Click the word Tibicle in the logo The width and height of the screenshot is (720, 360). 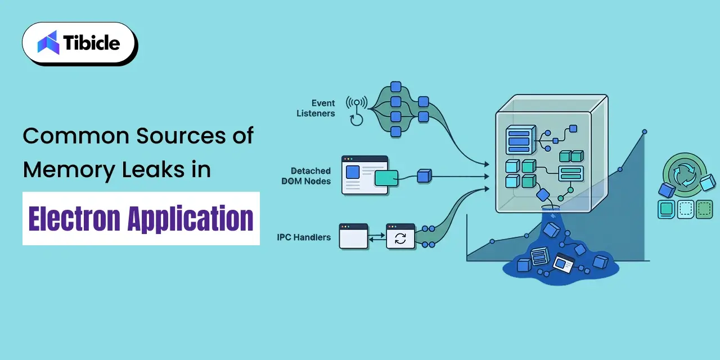pos(92,42)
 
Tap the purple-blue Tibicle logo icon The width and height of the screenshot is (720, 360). pos(48,42)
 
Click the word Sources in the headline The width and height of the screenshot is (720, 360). pos(181,136)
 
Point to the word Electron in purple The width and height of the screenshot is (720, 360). pos(74,219)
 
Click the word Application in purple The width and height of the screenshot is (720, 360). pos(190,219)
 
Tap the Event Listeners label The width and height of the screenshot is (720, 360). pos(316,108)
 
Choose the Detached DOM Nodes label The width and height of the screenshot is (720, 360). pos(306,176)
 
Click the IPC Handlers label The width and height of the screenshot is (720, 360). pos(304,237)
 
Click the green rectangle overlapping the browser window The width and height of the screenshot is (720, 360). pos(386,178)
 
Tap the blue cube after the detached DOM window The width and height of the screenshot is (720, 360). pos(424,176)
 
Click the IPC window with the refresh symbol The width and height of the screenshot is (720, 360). pos(400,236)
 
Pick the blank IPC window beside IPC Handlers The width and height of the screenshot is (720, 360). pos(354,236)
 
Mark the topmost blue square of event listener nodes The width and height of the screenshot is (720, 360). pos(395,87)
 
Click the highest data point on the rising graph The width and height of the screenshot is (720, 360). pos(645,132)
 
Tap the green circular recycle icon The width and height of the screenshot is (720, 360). pos(685,175)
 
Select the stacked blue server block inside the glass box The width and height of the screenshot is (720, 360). pos(521,140)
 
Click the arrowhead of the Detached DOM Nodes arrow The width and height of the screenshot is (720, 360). pos(487,176)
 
